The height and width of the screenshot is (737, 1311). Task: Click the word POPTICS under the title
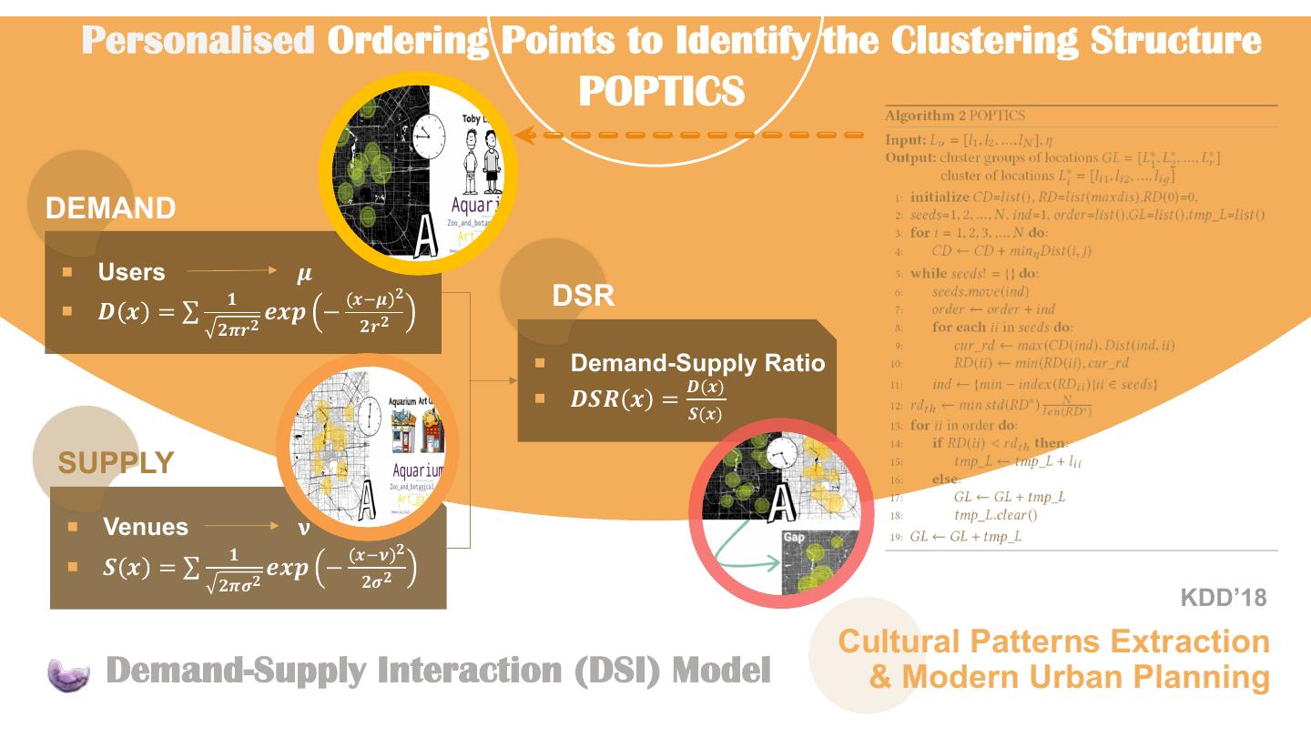click(662, 91)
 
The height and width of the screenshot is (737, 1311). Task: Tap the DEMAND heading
click(111, 209)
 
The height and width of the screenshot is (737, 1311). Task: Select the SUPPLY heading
click(116, 463)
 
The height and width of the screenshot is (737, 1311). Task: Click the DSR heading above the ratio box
click(584, 296)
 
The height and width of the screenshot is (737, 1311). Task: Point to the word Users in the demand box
click(132, 272)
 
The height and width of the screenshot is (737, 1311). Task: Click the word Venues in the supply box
click(146, 527)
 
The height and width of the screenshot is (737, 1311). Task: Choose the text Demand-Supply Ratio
click(697, 363)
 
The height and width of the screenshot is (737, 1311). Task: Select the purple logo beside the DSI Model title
click(69, 674)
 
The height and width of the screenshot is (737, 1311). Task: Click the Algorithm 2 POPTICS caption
click(955, 116)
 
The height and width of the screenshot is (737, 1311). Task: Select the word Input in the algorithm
click(904, 140)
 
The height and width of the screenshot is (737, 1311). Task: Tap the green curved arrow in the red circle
click(742, 550)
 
